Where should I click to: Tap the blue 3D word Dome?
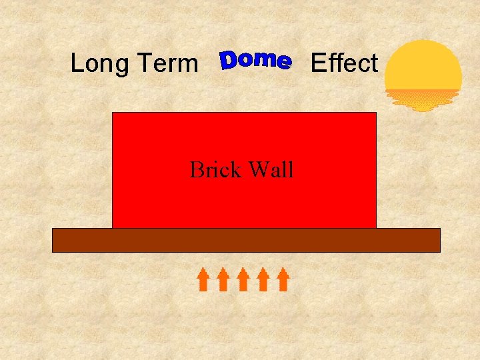[256, 61]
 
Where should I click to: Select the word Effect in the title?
[344, 63]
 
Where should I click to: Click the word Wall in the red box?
[271, 170]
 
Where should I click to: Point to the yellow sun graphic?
[423, 66]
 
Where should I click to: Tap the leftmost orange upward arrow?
[203, 279]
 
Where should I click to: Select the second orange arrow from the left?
[223, 279]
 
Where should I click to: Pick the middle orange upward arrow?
[243, 279]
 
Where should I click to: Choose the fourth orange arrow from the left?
[263, 279]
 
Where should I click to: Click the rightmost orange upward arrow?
[283, 279]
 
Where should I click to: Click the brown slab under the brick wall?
[246, 240]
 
